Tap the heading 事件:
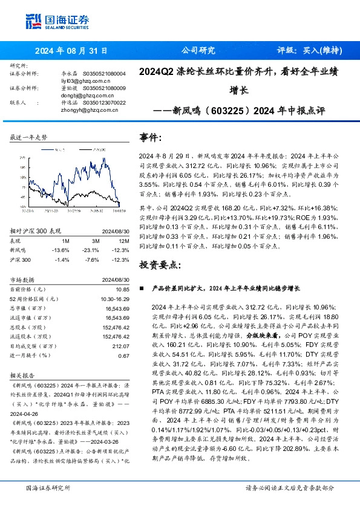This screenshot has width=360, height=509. click(x=151, y=137)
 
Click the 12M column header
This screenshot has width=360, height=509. click(x=123, y=240)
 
